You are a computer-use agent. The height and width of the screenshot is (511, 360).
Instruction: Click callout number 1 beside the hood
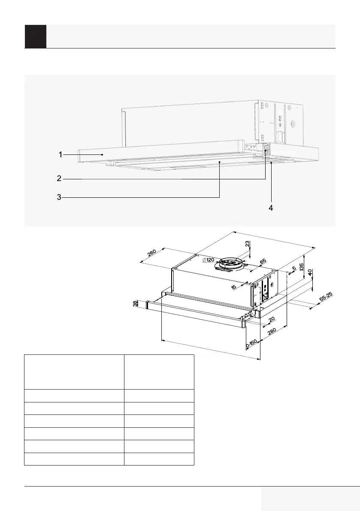(61, 154)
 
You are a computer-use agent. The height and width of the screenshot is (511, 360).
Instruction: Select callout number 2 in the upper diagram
(59, 178)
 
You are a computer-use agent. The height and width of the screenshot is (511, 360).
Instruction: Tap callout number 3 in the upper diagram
(59, 197)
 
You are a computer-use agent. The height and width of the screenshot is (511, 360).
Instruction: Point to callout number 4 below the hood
(271, 208)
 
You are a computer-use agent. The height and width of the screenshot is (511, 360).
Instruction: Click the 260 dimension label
(151, 253)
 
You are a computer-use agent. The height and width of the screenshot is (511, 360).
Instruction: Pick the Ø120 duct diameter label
(208, 260)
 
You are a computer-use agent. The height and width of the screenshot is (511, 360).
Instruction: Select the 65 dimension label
(263, 261)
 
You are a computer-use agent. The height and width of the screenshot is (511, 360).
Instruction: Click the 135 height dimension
(302, 268)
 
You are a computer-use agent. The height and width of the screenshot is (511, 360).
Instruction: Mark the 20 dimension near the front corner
(271, 320)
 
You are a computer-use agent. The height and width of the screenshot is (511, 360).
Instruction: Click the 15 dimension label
(234, 287)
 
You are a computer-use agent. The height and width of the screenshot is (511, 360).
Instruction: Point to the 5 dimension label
(294, 269)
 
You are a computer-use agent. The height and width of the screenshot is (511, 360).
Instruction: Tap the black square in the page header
(36, 36)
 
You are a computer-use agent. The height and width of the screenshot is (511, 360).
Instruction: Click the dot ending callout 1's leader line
(102, 154)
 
